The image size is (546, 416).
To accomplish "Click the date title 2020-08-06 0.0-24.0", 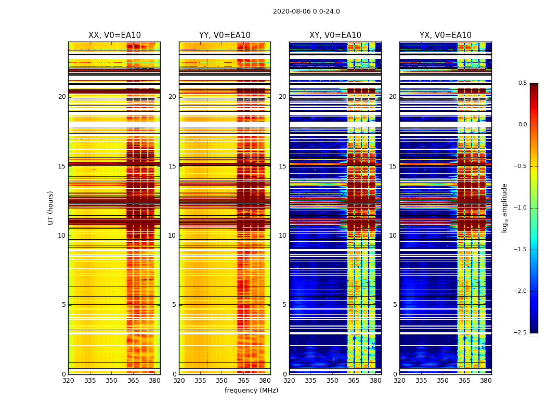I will point(306,11).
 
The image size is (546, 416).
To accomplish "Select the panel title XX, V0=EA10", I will point(114,35).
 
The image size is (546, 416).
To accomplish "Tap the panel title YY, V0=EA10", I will point(225,35).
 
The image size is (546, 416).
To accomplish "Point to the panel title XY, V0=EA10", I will point(335,35).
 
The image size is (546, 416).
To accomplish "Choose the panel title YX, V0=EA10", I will point(446,35).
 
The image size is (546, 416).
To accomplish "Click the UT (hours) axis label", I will point(50,207).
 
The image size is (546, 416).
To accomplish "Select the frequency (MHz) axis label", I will point(251,391).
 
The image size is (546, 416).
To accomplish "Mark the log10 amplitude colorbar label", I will point(504,207).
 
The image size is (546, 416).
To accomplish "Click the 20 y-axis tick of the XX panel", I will point(62,97).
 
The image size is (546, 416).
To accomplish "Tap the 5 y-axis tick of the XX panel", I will point(64,305).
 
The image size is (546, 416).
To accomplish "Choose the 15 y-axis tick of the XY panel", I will point(283,166).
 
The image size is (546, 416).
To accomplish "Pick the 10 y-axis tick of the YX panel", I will point(393,236).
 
